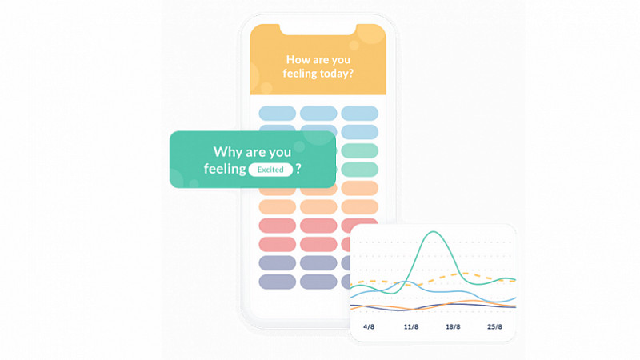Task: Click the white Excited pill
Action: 270,170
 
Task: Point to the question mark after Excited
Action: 298,169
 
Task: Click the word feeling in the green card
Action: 225,169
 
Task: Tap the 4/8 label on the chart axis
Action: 369,326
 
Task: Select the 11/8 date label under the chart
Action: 411,326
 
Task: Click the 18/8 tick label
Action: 453,326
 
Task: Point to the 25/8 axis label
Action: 494,326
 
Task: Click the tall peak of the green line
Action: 433,232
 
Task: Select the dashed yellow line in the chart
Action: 433,279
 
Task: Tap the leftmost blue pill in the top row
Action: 277,113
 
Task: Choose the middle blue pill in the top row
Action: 318,113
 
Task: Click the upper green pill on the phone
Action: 359,150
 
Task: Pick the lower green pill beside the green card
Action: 359,170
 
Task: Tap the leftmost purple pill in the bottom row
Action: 277,282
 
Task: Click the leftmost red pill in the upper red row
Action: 277,226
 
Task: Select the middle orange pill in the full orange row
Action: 318,207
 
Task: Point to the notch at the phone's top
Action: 318,30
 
